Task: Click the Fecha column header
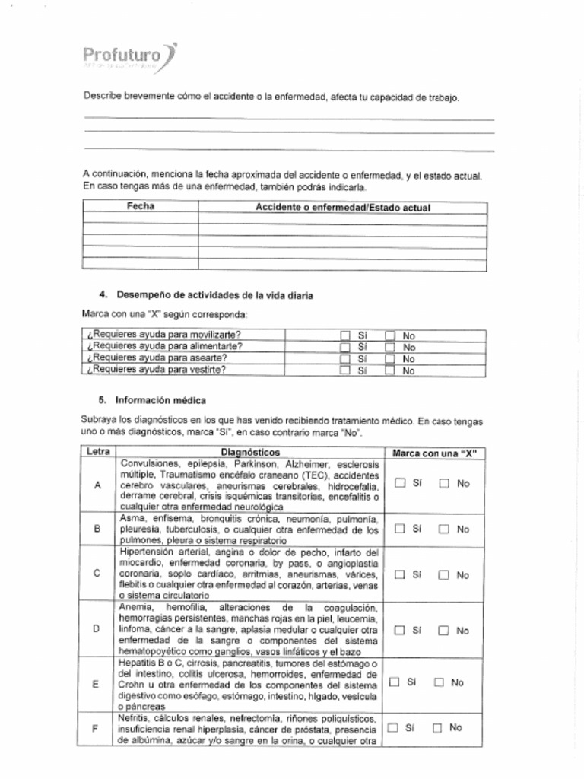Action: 141,206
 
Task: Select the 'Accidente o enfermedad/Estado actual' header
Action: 342,207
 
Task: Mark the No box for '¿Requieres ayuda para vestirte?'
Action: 390,371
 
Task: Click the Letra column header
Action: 98,452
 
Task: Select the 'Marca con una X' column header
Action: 434,453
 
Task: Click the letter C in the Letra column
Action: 97,574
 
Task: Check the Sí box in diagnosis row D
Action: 400,631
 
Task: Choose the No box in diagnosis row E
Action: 439,682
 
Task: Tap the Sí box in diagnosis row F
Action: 393,728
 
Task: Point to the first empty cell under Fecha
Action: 141,219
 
